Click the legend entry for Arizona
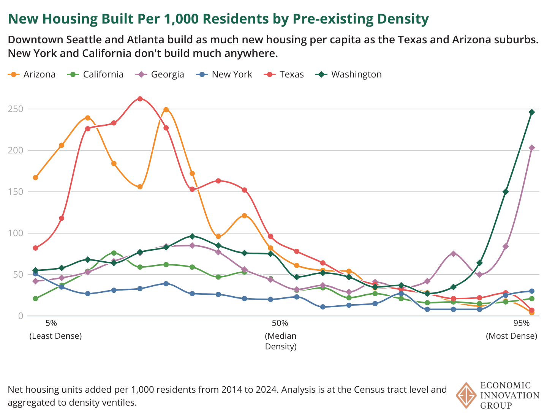pos(32,74)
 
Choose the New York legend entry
pos(225,74)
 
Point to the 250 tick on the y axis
pos(16,109)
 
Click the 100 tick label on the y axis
pos(16,233)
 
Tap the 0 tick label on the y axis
pos(21,316)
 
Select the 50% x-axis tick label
pos(280,323)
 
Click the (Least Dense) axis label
pos(55,336)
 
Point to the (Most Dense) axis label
pos(512,336)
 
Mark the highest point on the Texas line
pos(140,99)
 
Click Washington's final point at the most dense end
pos(532,112)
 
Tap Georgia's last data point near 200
pos(532,148)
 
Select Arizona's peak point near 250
pos(166,110)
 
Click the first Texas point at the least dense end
pos(35,248)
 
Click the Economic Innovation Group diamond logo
pos(466,395)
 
